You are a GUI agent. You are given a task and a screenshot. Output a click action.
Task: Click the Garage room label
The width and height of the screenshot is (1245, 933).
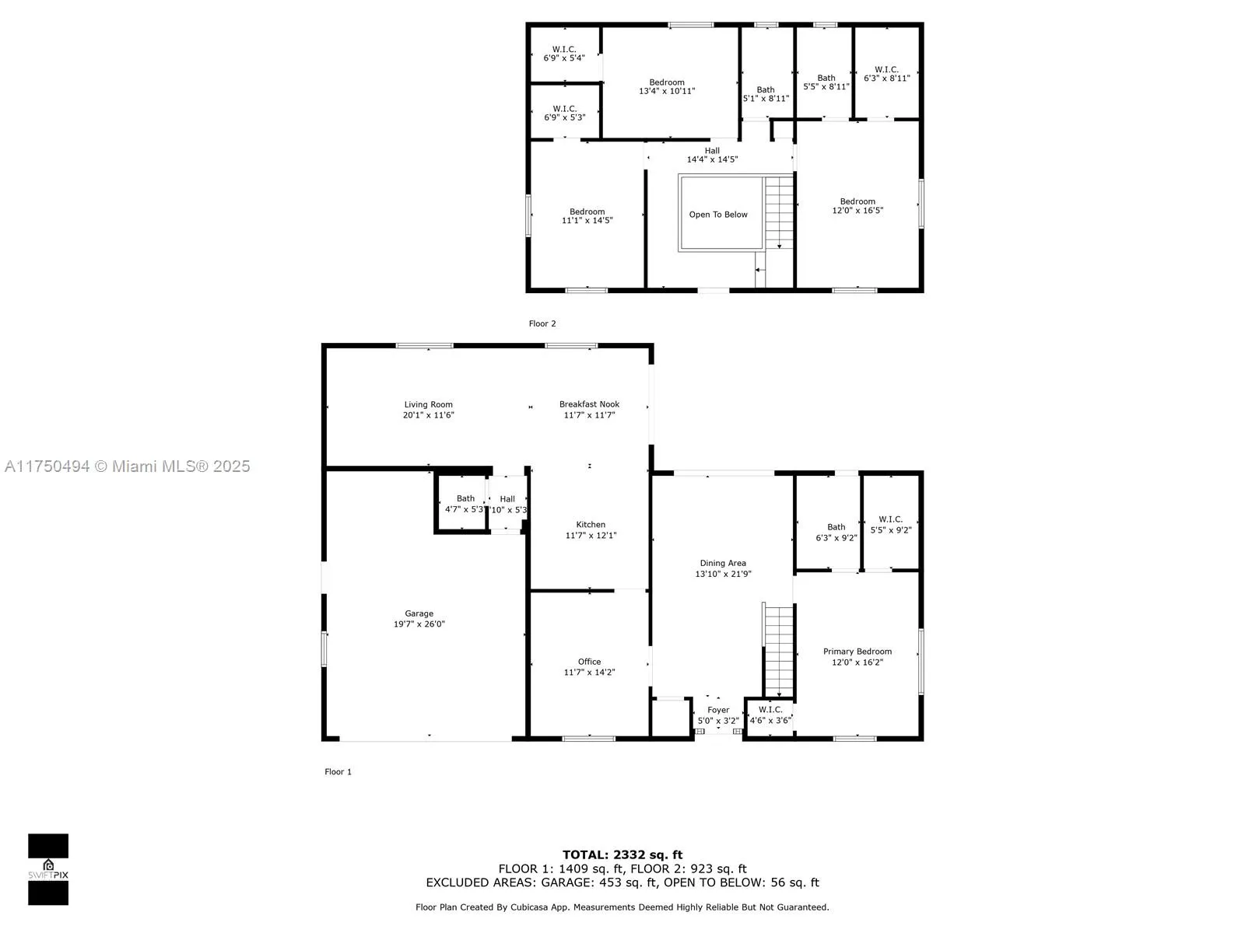419,614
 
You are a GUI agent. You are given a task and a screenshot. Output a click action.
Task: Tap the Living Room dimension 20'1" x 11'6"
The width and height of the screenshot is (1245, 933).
428,415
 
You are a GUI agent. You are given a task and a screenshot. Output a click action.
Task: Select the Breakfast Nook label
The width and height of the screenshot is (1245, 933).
589,404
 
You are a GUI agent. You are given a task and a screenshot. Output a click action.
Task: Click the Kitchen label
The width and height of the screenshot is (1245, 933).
591,525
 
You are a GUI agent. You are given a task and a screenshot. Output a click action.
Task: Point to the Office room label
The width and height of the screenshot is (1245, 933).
589,662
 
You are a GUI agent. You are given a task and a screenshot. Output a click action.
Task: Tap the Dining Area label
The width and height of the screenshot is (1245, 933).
723,563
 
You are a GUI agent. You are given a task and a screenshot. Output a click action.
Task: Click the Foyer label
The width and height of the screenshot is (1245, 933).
718,710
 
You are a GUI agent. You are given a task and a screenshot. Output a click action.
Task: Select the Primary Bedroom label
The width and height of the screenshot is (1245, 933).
857,652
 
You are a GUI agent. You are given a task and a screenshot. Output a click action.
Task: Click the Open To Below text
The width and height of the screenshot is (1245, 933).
718,215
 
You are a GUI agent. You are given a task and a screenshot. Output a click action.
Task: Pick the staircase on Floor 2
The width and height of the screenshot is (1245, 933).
779,211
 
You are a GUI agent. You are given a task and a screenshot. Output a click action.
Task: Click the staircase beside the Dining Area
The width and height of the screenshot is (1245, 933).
778,649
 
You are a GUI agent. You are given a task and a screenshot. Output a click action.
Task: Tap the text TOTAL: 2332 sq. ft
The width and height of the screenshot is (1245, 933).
622,854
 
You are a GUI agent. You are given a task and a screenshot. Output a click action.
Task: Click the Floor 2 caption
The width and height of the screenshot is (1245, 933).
542,323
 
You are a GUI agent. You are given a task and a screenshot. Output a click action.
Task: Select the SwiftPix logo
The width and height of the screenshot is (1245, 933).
48,868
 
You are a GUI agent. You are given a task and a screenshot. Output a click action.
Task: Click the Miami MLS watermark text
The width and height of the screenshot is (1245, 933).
128,466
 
